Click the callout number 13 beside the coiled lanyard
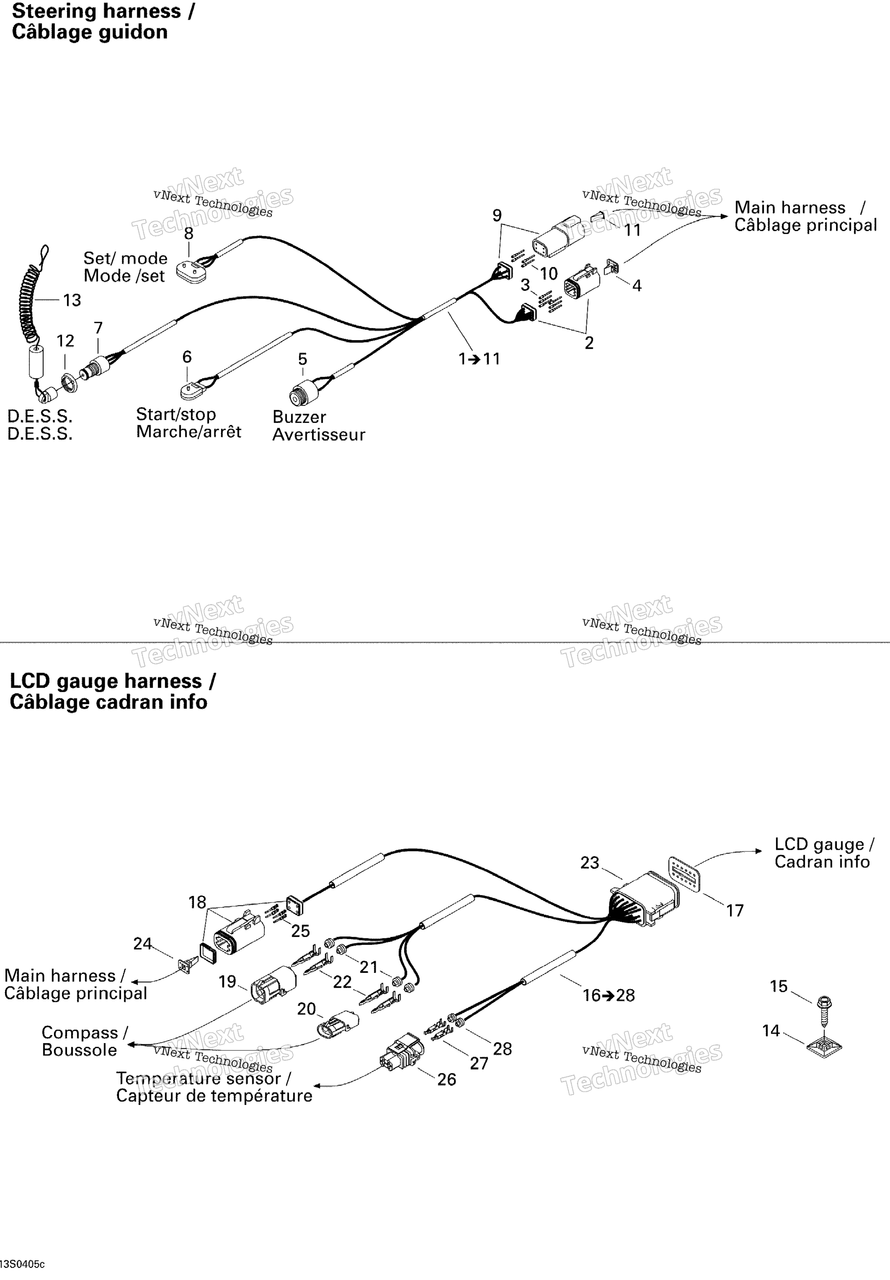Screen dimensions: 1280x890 pyautogui.click(x=72, y=301)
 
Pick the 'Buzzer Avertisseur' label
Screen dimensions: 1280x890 pyautogui.click(x=318, y=426)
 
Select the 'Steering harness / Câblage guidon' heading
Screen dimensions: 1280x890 pyautogui.click(x=103, y=21)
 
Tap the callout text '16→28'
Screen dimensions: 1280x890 pyautogui.click(x=609, y=995)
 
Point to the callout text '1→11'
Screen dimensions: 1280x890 pyautogui.click(x=479, y=358)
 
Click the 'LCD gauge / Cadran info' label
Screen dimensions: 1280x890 pyautogui.click(x=823, y=853)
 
